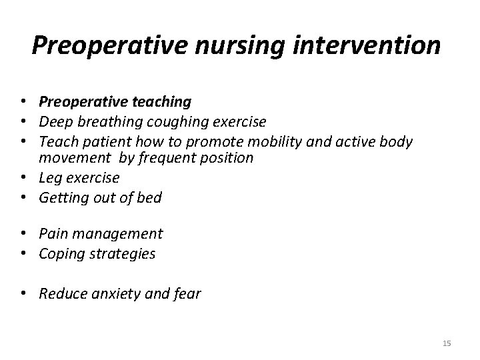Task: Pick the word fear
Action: (186, 294)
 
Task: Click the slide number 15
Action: (447, 343)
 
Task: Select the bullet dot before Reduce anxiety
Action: (23, 294)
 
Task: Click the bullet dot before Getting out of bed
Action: (23, 198)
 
